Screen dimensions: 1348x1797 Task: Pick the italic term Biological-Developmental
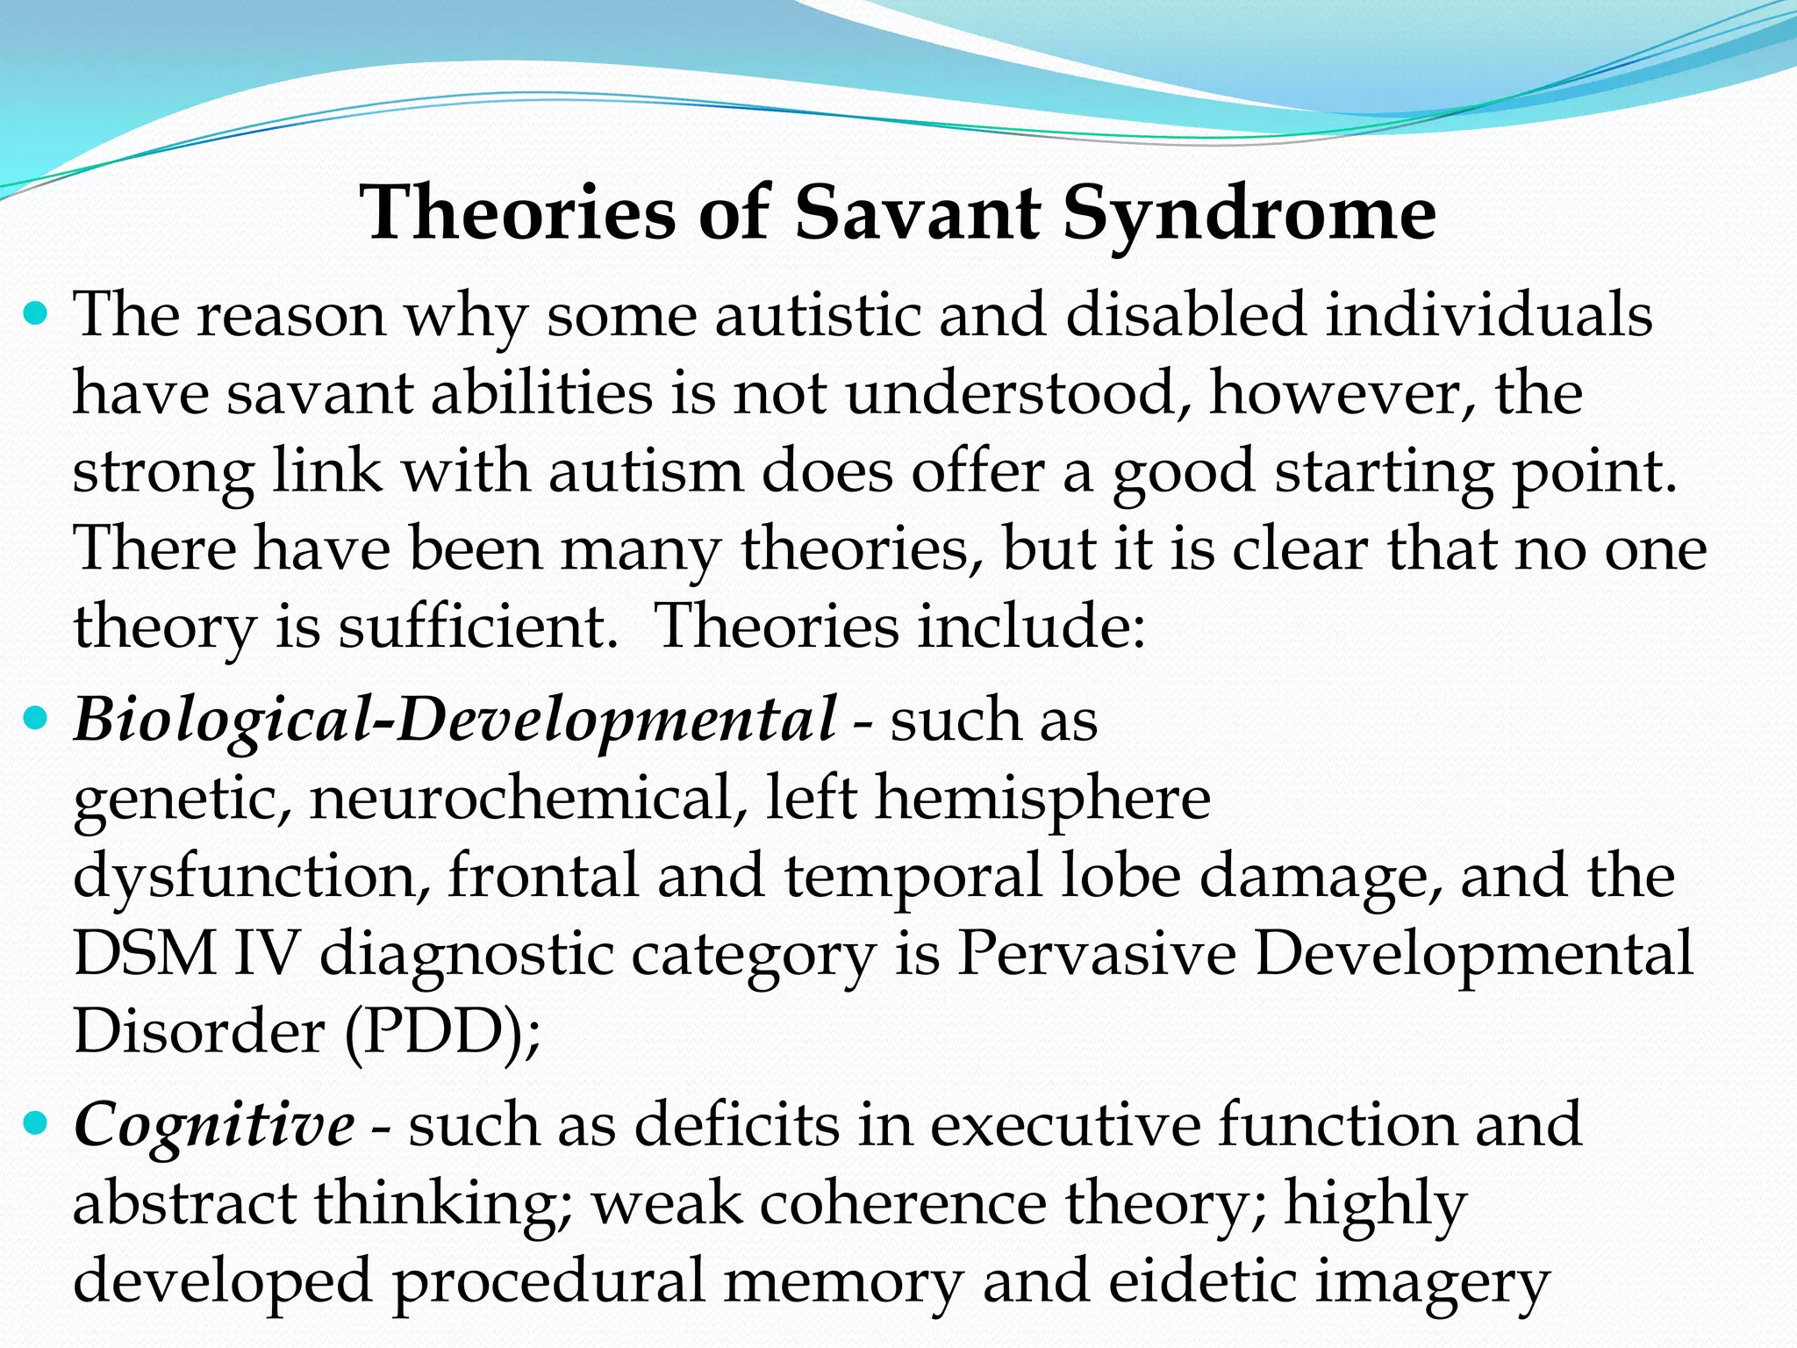[x=455, y=721]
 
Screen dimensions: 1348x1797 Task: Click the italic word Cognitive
[x=214, y=1124]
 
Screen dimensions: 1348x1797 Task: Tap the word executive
[x=1064, y=1124]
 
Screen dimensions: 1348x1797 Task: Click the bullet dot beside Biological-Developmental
[x=35, y=720]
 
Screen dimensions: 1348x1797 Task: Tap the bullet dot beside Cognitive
[x=35, y=1122]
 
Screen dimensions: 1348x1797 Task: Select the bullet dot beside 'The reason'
[x=35, y=313]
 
